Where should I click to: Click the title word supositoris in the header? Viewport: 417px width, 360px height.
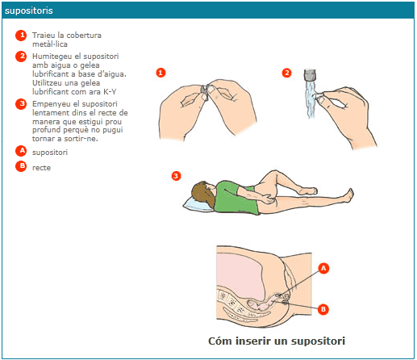pos(29,10)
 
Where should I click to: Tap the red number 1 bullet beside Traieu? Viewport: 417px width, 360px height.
pos(21,36)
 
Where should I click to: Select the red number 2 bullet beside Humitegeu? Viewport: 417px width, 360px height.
pos(21,57)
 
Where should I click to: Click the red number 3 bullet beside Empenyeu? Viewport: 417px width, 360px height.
pos(21,104)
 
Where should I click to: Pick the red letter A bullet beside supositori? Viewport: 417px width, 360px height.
pos(21,151)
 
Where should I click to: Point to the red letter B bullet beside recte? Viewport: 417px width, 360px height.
pos(21,166)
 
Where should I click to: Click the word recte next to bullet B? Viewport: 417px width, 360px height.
pos(41,168)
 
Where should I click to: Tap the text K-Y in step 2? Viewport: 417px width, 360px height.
pos(110,92)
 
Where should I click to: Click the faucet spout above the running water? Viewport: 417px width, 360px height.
pos(310,75)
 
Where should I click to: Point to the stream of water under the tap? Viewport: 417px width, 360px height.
pos(311,99)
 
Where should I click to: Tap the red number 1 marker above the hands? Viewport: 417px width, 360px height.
pos(161,73)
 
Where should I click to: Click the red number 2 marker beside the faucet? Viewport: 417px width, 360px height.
pos(286,73)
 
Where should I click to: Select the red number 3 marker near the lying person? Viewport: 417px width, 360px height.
pos(176,176)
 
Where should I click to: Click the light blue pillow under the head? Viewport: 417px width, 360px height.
pos(198,204)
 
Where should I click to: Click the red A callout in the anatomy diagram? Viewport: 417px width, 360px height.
pos(323,268)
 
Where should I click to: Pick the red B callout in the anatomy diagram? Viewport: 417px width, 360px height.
pos(323,309)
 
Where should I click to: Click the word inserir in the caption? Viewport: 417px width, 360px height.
pos(253,341)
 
